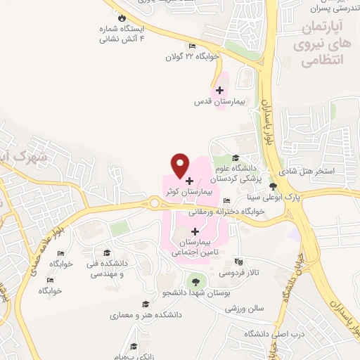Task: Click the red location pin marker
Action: (181, 165)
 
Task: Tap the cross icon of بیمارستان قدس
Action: (219, 91)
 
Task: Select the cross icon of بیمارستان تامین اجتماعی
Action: (195, 231)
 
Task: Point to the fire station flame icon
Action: (122, 18)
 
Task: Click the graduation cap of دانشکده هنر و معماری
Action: (146, 304)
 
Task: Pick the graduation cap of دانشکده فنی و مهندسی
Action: (106, 253)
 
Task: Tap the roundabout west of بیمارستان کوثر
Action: (154, 204)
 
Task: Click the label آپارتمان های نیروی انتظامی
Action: (326, 44)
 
